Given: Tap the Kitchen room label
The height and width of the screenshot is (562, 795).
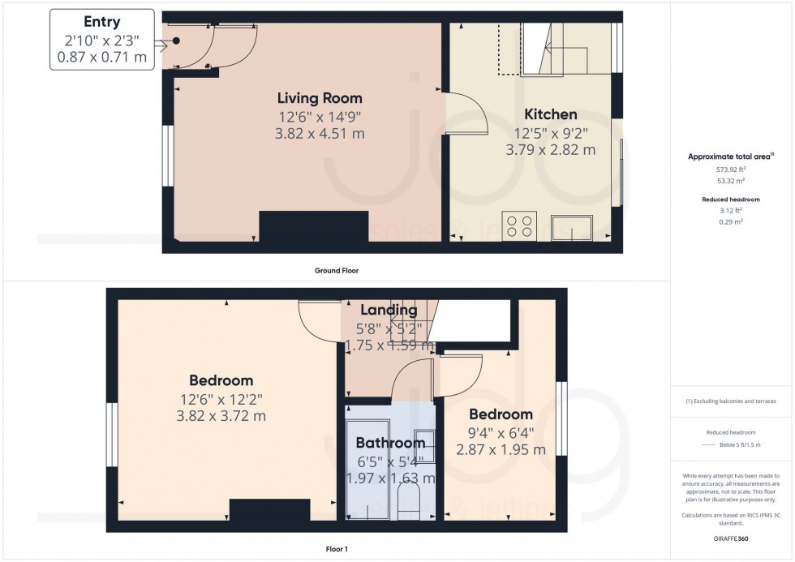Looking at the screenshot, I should (x=550, y=114).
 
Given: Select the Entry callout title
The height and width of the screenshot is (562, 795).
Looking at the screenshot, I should (x=102, y=22).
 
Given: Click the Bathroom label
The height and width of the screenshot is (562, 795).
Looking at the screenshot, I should (x=390, y=443).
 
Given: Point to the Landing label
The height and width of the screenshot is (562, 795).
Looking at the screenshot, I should (x=389, y=310).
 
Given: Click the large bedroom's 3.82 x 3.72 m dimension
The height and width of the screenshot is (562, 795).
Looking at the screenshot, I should (x=221, y=416).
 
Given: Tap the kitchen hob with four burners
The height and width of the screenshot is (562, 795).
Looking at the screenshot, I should (x=519, y=226).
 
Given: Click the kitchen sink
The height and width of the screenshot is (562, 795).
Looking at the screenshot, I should (x=573, y=228).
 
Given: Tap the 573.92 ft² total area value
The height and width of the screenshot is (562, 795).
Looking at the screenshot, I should (x=731, y=169).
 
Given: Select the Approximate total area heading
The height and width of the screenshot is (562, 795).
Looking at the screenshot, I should (x=730, y=157).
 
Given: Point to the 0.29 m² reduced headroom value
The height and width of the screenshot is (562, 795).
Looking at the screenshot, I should (x=731, y=221).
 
